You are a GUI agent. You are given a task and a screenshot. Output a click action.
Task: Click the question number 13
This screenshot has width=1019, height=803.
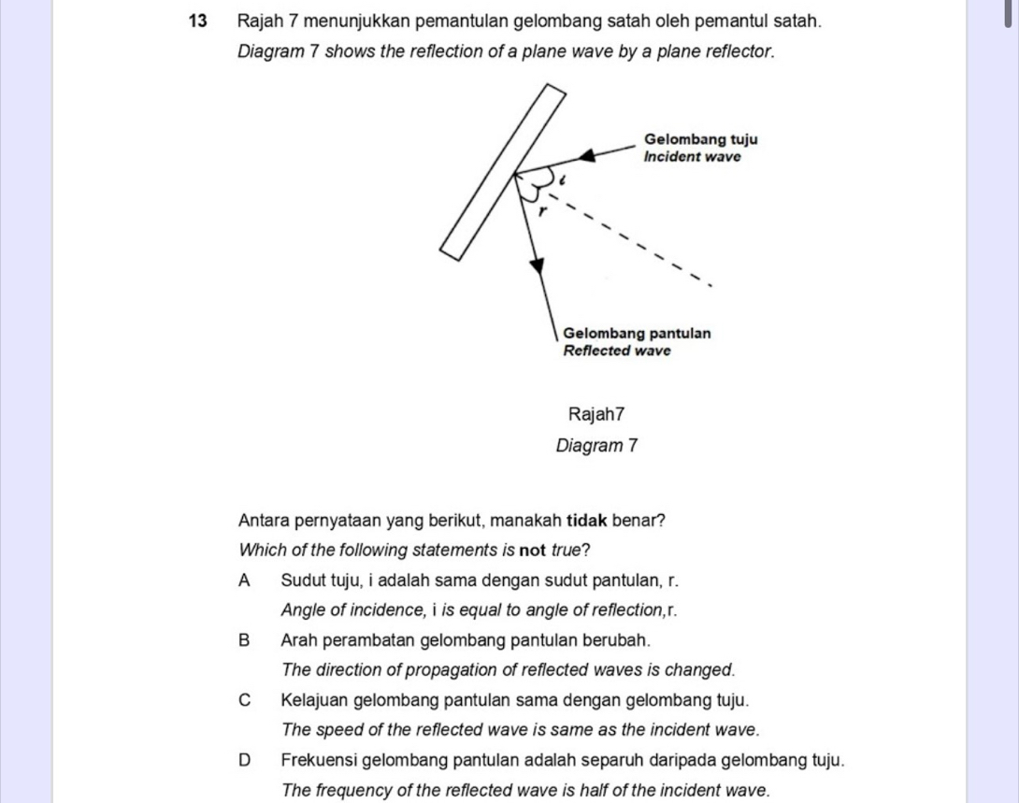click(x=196, y=20)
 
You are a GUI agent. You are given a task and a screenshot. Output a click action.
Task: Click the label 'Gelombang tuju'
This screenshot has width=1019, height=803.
click(x=700, y=139)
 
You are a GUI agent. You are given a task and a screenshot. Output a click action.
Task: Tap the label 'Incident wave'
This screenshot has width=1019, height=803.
click(x=693, y=157)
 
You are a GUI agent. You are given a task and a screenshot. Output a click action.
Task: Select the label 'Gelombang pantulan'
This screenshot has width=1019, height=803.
click(x=636, y=333)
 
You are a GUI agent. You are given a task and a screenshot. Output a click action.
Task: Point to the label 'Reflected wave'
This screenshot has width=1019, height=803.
click(x=617, y=351)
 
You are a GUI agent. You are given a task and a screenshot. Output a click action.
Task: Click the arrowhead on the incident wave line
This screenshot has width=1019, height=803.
click(x=586, y=155)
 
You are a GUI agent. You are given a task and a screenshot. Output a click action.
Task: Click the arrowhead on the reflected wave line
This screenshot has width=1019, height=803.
click(x=537, y=267)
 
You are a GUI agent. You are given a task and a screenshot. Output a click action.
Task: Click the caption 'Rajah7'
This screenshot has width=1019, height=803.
click(x=596, y=413)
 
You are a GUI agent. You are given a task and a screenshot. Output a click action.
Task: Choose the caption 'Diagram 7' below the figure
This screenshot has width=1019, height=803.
click(x=596, y=446)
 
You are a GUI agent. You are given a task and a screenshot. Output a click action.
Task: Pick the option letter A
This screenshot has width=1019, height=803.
click(x=245, y=581)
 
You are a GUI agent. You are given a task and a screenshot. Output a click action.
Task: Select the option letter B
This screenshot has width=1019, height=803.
click(x=245, y=640)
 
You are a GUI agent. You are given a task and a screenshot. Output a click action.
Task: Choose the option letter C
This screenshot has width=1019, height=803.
click(x=245, y=700)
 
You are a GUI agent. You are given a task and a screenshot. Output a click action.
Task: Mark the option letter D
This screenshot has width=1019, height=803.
click(x=245, y=760)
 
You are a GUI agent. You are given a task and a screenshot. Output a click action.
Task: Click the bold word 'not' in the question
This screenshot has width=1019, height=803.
click(x=534, y=549)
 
